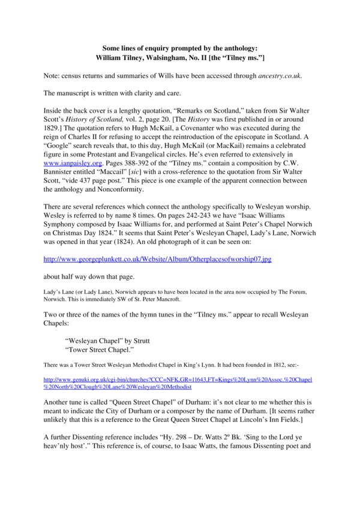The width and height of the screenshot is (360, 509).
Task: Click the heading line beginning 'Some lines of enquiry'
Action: click(x=179, y=46)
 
